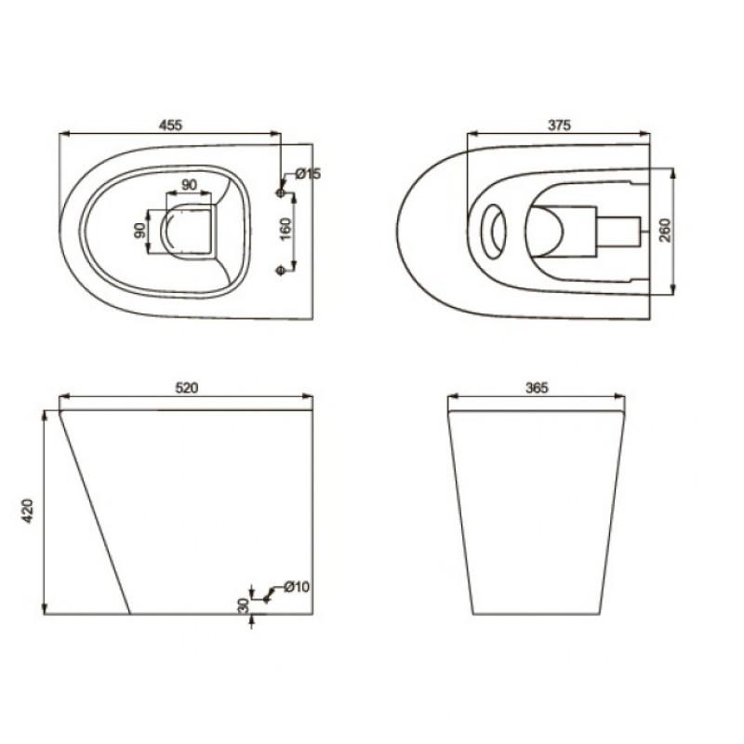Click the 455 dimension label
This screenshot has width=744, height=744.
[170, 126]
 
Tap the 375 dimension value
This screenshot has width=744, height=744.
[560, 126]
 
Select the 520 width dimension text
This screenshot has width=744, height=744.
[187, 388]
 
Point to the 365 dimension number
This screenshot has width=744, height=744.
[537, 388]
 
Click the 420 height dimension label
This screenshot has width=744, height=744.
[29, 511]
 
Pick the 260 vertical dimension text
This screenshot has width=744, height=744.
[665, 230]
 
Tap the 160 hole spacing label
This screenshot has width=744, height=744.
[286, 229]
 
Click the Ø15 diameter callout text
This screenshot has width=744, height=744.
[308, 174]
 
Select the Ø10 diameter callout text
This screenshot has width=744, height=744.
[297, 587]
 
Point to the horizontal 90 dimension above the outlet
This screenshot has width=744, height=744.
[190, 184]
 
